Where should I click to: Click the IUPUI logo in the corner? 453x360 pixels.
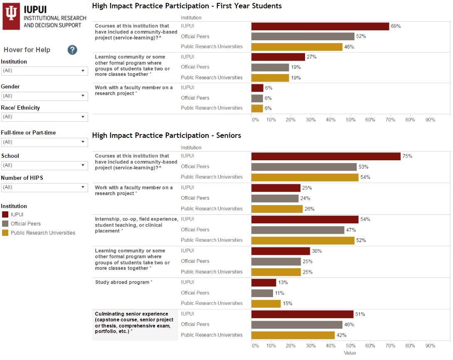pos(44,17)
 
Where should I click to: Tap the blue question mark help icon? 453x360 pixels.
pos(72,50)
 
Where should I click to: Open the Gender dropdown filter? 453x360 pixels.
pos(44,96)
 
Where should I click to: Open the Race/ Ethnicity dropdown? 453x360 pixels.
pos(44,117)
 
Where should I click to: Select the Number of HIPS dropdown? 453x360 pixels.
pos(44,187)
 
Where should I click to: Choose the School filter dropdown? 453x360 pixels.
pos(44,165)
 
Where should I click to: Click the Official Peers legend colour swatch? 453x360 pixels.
pos(5,224)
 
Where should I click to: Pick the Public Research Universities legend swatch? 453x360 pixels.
pos(5,233)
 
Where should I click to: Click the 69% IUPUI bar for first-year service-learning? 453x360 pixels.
pos(320,26)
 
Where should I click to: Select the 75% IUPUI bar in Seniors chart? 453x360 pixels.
pos(326,156)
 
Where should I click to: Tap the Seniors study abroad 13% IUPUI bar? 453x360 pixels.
pos(263,282)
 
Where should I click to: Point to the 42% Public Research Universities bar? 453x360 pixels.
pos(293,335)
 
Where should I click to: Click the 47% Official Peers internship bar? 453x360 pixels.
pos(298,230)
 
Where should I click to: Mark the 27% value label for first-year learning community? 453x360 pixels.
pos(312,57)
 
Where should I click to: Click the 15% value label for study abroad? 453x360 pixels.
pos(288,304)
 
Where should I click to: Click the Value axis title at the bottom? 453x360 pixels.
pos(350,353)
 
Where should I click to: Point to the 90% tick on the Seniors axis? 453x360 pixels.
pos(430,345)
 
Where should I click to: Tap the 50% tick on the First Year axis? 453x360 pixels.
pos(350,120)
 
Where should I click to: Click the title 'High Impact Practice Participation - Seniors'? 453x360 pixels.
pos(167,135)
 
